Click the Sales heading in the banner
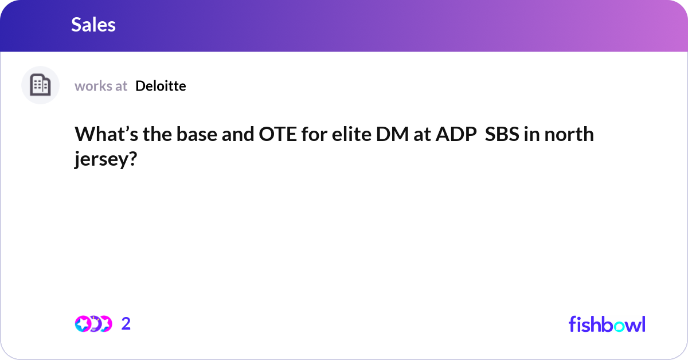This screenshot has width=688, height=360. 93,25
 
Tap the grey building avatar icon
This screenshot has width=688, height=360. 40,85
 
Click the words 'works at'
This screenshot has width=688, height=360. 101,86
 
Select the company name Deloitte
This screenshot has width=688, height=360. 161,86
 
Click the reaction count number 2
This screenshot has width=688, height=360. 126,324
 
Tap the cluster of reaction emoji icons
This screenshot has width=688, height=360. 93,324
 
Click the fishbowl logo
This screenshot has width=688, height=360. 607,324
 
